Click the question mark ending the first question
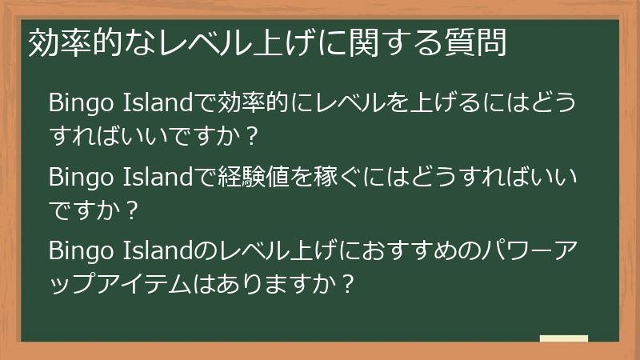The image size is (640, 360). tap(253, 138)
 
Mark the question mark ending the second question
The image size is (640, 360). tap(133, 211)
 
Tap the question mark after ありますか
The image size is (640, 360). tap(347, 286)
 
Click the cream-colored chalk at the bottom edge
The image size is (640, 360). tap(563, 338)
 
